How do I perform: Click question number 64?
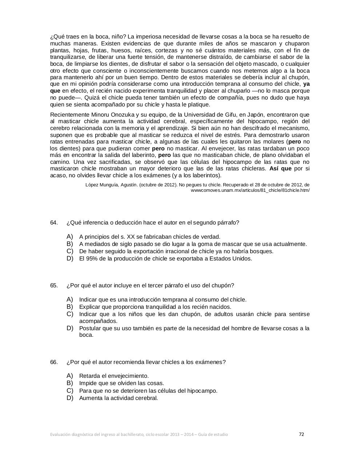54,223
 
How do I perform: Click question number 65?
54,286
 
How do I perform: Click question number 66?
54,362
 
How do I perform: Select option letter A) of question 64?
70,236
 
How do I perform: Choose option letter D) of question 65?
70,328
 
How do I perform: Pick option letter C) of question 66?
70,391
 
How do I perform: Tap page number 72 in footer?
301,434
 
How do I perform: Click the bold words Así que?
280,169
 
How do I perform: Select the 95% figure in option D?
90,259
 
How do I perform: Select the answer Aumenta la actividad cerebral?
119,398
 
